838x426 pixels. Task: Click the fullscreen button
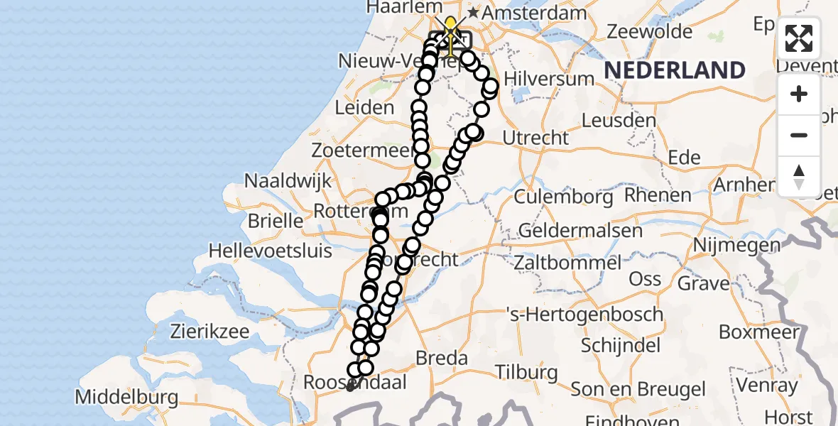click(799, 38)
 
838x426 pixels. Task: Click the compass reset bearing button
click(799, 176)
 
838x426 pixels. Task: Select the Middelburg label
click(126, 397)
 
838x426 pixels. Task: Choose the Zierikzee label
click(209, 331)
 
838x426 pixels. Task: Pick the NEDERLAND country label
click(674, 70)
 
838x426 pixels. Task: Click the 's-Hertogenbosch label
click(584, 314)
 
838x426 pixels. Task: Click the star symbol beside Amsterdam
click(472, 13)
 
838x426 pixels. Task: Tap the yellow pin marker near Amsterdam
click(450, 27)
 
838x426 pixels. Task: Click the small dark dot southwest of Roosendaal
click(349, 388)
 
